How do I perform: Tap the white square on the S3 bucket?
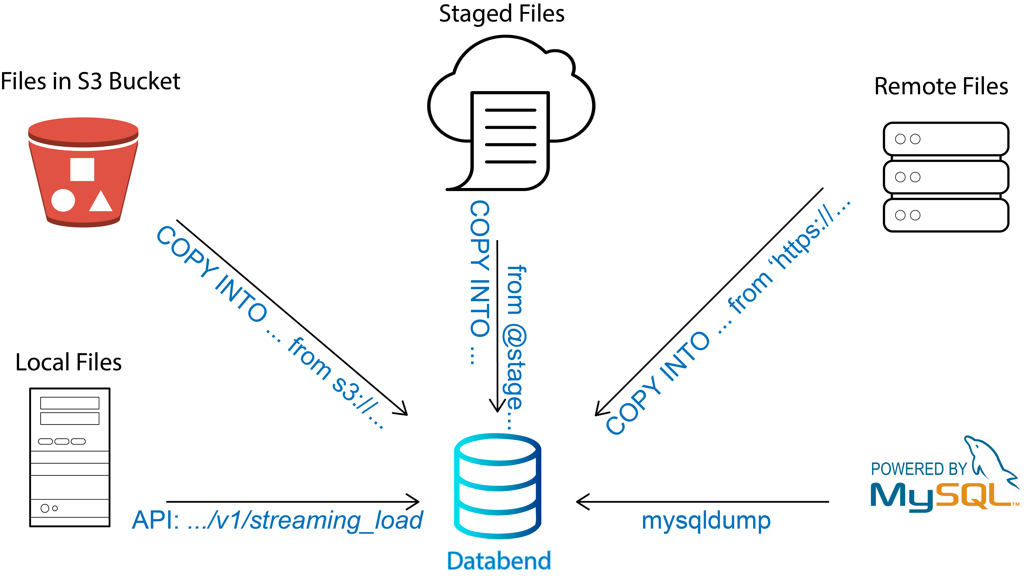point(82,170)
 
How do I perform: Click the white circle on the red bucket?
point(63,200)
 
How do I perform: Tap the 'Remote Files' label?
point(941,87)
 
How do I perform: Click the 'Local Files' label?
point(69,362)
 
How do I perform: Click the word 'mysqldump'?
point(706,521)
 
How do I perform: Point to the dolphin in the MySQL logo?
point(989,459)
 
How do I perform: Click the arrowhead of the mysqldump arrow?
point(583,502)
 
